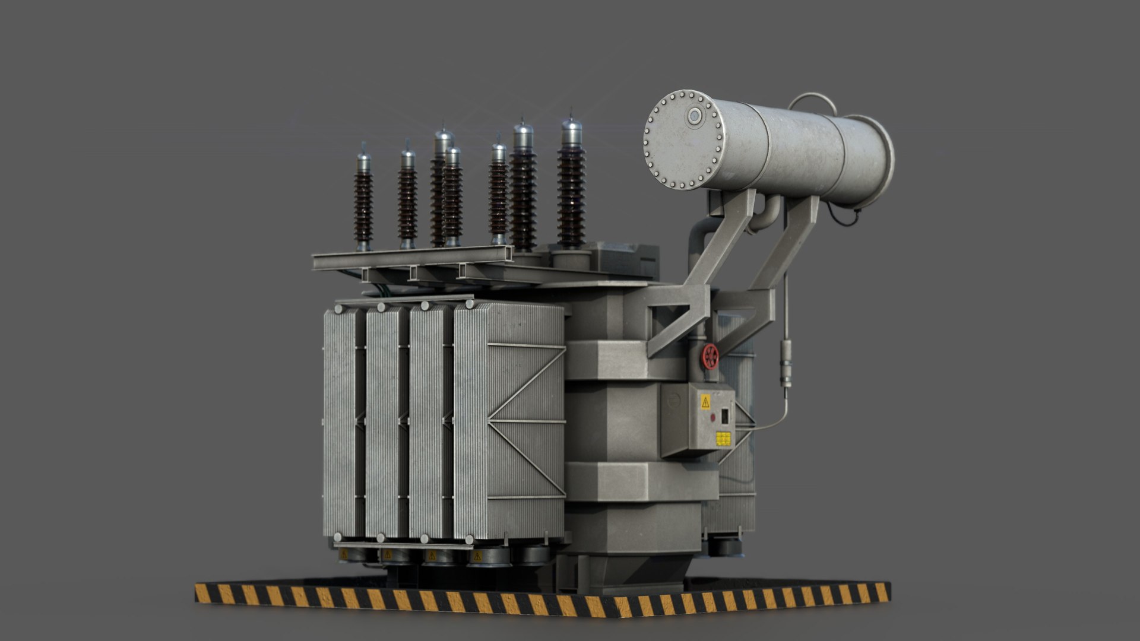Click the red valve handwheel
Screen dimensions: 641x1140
click(x=710, y=356)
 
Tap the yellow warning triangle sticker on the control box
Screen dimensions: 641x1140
click(x=705, y=402)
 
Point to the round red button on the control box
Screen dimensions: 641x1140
click(x=712, y=417)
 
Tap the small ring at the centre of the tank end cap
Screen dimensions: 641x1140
click(x=694, y=116)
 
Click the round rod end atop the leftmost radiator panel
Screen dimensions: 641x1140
click(x=338, y=309)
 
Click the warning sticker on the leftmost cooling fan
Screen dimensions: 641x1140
click(x=344, y=554)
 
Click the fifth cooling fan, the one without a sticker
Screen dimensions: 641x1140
click(x=533, y=556)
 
